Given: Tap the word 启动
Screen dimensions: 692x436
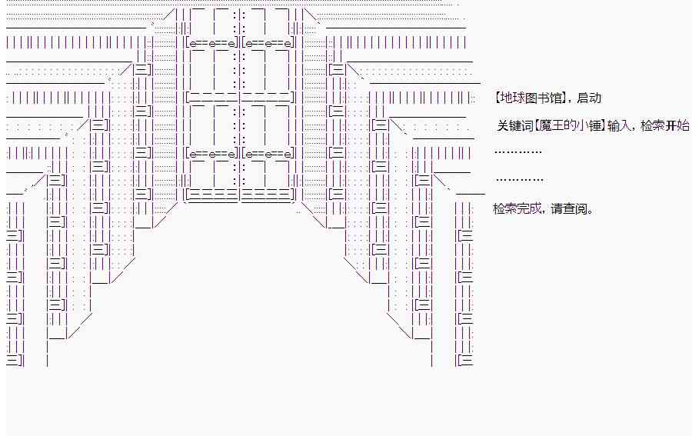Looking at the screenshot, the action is [588, 98].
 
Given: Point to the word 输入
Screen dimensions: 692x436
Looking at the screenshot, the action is [618, 125].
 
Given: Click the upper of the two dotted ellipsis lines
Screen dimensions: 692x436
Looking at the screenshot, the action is [519, 151].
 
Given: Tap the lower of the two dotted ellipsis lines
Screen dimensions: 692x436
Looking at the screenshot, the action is [521, 179].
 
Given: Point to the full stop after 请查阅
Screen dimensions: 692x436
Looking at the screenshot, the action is [591, 211].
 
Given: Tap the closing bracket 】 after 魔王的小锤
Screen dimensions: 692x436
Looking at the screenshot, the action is [603, 125].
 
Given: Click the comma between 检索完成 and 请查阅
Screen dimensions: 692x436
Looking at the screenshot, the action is [545, 211].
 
